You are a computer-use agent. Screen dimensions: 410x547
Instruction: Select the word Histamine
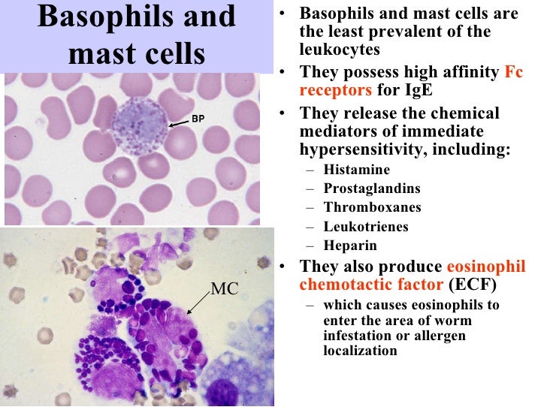(x=357, y=170)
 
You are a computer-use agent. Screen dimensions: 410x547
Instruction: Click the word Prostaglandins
(x=372, y=188)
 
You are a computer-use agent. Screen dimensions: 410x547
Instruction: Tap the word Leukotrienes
(x=366, y=226)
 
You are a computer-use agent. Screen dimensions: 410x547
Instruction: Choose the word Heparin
(x=350, y=246)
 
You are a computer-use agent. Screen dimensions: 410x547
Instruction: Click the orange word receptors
(x=335, y=90)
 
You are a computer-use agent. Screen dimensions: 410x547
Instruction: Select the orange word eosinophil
(x=486, y=267)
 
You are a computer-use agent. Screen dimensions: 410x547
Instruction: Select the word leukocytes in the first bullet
(x=337, y=50)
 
